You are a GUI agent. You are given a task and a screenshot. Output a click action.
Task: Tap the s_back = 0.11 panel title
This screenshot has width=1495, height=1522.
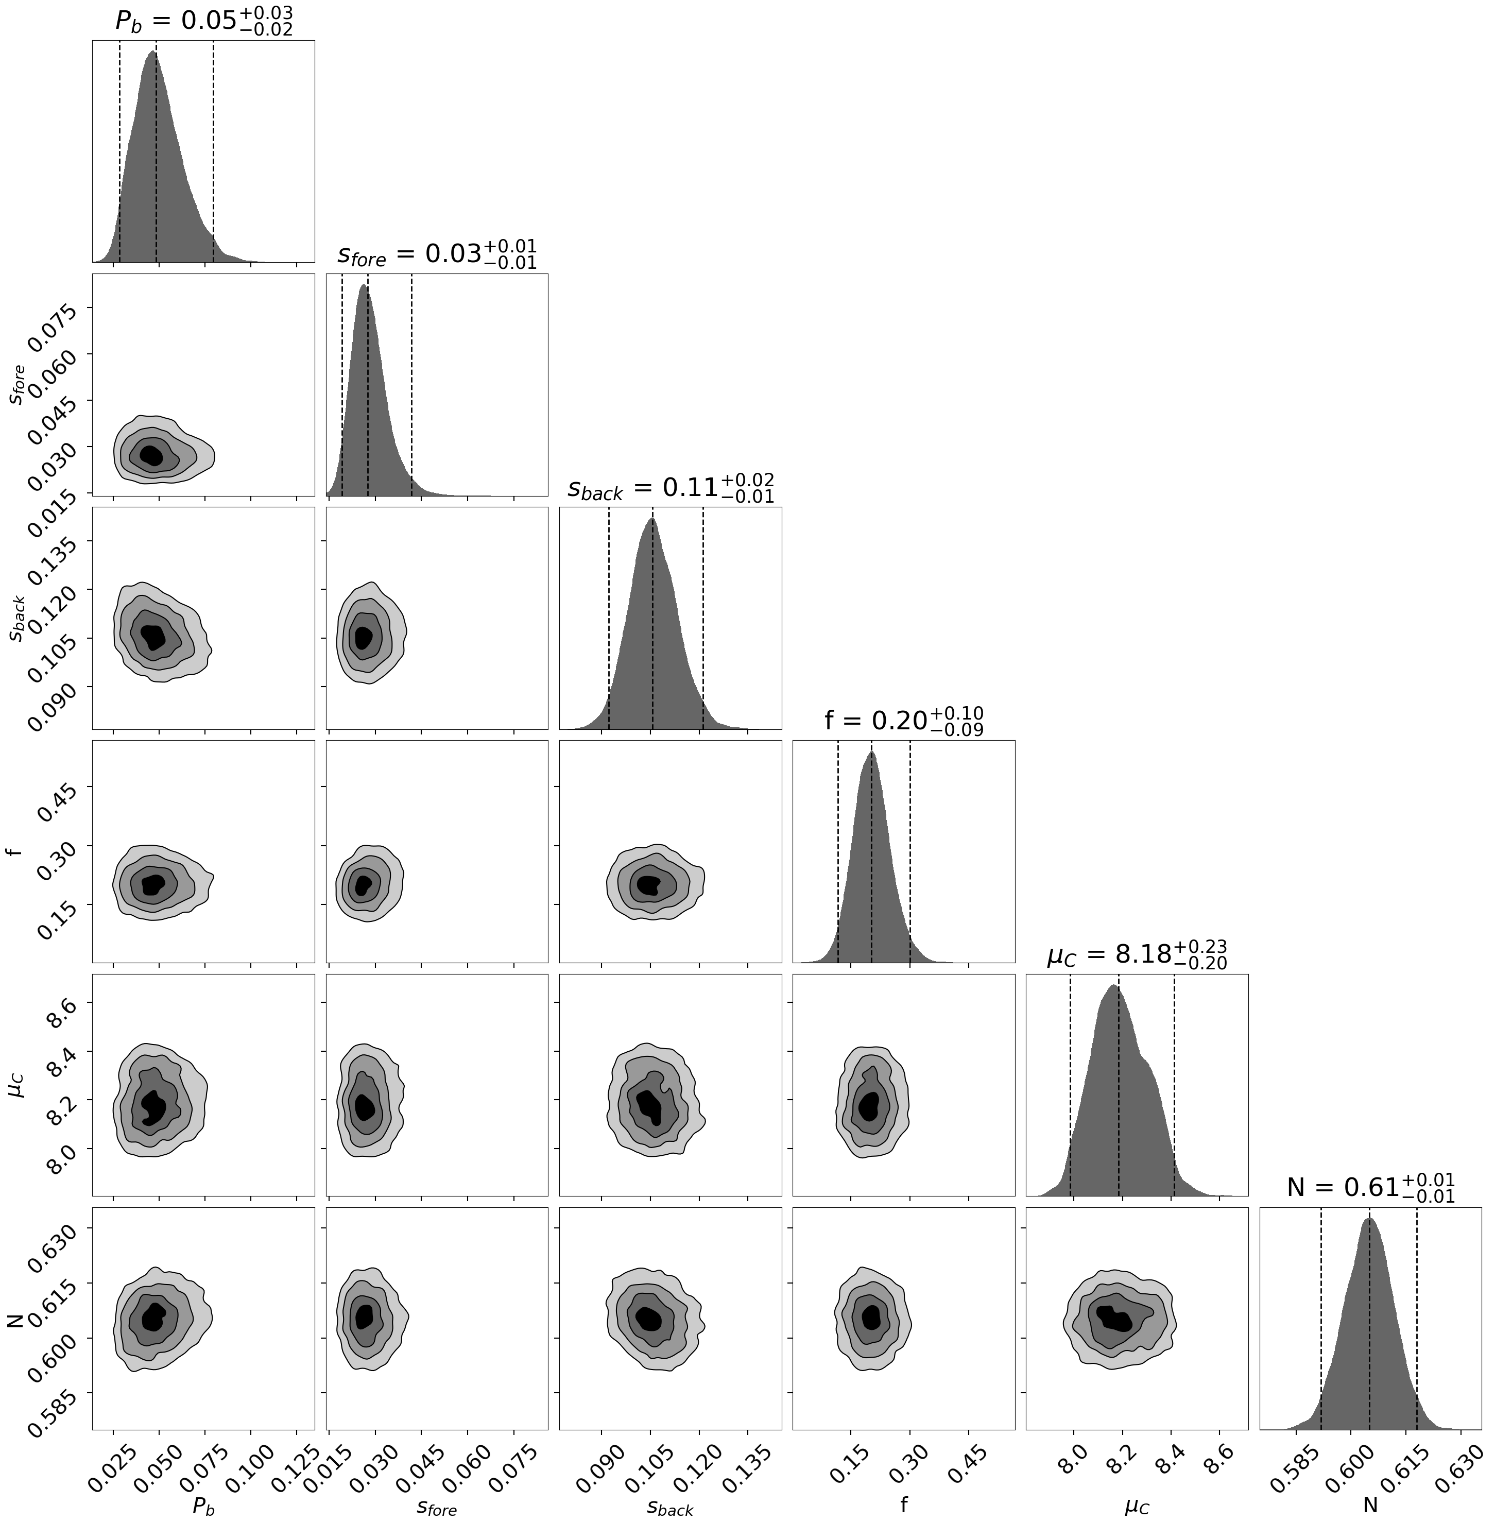[671, 488]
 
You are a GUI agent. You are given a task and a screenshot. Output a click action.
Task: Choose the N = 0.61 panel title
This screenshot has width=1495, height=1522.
[1370, 1187]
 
